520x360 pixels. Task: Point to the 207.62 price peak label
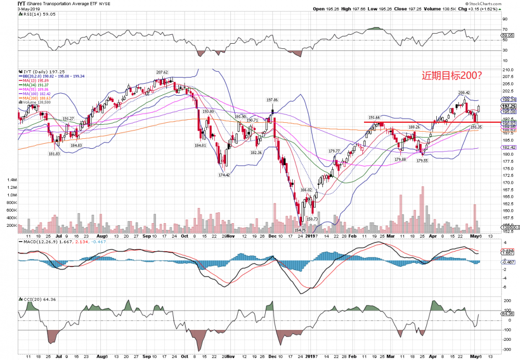pyautogui.click(x=162, y=72)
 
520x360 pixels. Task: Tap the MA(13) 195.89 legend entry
pyautogui.click(x=34, y=81)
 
